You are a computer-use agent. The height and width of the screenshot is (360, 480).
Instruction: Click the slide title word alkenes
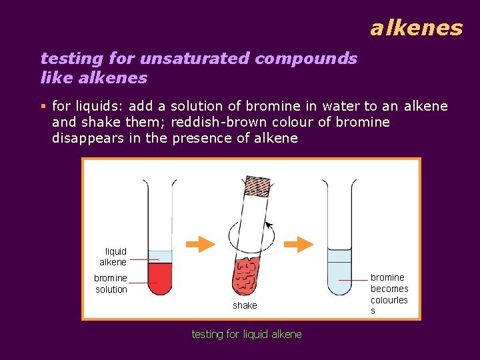point(416,28)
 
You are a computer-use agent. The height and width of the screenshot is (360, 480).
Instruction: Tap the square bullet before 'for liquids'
point(43,106)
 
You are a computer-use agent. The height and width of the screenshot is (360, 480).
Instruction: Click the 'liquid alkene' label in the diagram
point(114,257)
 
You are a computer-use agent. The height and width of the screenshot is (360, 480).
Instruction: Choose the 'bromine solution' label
point(111,283)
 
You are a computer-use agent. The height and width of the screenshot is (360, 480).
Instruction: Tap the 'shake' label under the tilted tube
point(245,305)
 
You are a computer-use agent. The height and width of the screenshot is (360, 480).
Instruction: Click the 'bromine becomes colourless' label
point(389,294)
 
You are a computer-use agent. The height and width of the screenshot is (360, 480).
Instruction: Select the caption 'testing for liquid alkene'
point(247,334)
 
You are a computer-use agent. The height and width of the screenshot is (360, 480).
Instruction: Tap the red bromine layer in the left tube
point(160,278)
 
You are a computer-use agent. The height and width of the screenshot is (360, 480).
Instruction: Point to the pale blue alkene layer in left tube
point(160,257)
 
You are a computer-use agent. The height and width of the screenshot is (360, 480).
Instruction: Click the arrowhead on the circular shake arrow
point(269,225)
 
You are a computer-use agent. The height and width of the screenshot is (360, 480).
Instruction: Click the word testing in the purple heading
point(68,59)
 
